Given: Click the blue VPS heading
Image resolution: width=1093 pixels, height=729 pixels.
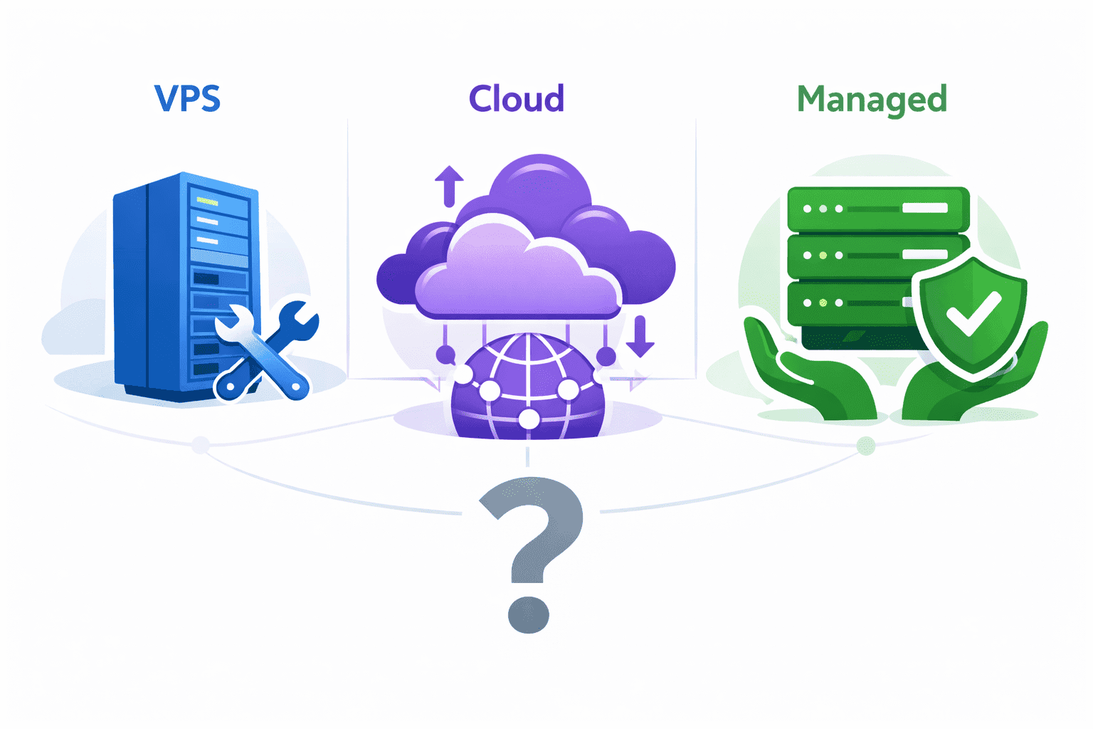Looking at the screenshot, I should (187, 98).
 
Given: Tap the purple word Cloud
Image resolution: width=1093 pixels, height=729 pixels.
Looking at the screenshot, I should (517, 99).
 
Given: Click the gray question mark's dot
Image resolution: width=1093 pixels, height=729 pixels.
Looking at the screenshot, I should (528, 614).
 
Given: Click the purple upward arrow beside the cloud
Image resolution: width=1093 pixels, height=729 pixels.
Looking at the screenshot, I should (449, 185).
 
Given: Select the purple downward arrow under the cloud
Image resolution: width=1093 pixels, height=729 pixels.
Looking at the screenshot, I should (640, 336).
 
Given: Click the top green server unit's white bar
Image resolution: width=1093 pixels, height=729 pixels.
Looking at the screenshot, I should (925, 208).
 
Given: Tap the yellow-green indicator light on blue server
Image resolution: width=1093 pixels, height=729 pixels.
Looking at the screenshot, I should (207, 202).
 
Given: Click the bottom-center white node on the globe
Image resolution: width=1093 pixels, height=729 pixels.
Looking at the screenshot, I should (529, 419).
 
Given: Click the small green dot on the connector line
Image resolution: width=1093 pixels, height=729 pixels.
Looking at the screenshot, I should (865, 446).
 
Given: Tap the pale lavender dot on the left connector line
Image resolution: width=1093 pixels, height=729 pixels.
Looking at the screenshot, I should (201, 445).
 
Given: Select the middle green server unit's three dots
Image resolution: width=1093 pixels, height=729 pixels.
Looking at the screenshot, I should (823, 255).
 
